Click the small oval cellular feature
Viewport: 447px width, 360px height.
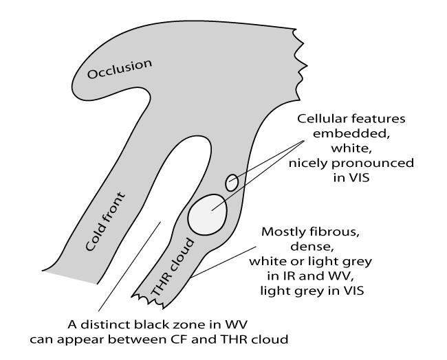pos(232,182)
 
